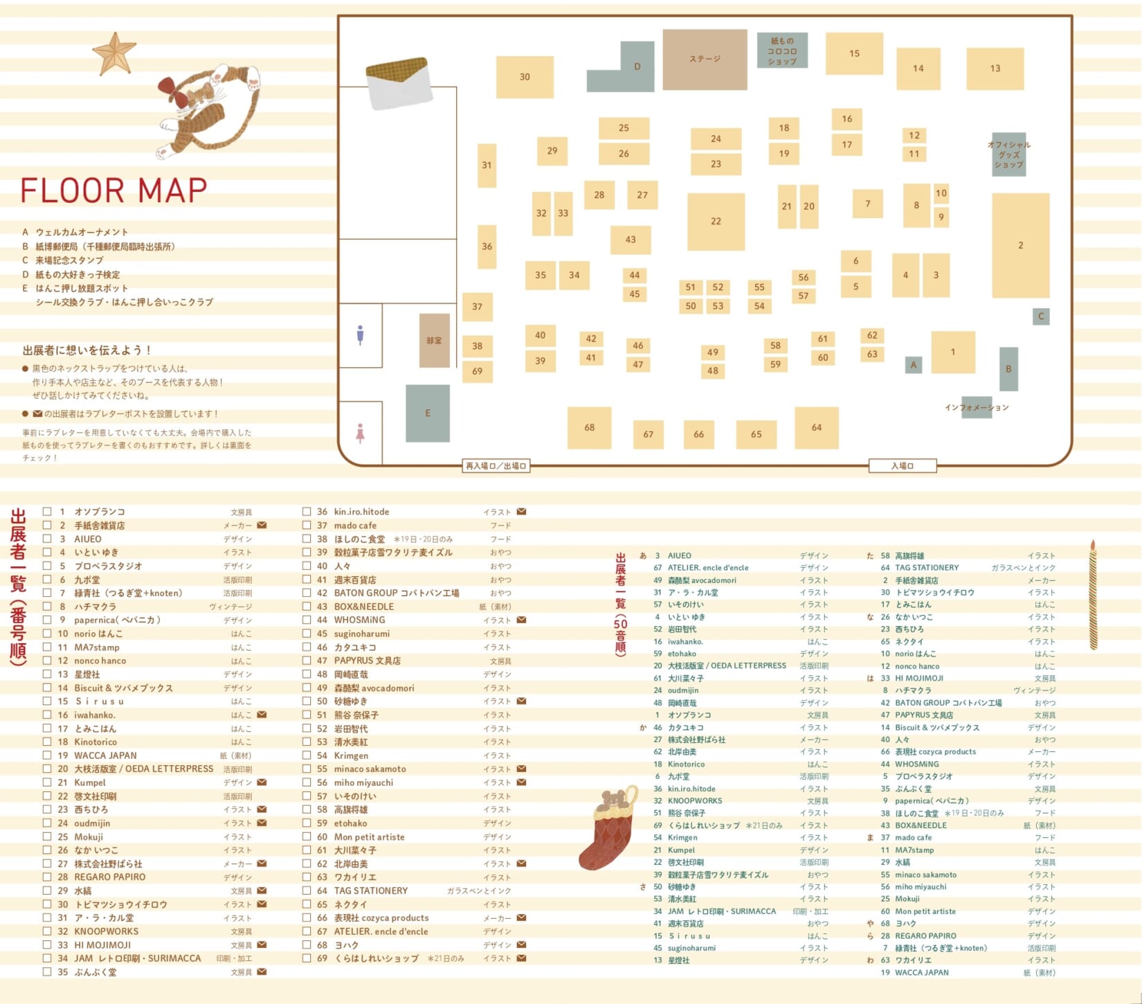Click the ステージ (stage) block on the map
point(705,60)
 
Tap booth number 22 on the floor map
point(716,222)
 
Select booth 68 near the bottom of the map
point(589,427)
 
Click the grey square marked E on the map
point(428,413)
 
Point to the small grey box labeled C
point(1041,316)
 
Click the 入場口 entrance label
point(903,466)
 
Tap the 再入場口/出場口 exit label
point(496,466)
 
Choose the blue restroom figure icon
point(360,335)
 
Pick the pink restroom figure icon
point(360,433)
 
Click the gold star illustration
point(114,53)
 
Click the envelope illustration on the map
point(399,83)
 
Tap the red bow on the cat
point(170,89)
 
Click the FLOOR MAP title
point(114,190)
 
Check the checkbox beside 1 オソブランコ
point(47,512)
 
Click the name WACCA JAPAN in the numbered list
point(105,755)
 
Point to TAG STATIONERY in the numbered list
point(371,890)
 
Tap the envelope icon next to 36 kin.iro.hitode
point(521,512)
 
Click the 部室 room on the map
point(434,341)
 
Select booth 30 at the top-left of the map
point(525,77)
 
